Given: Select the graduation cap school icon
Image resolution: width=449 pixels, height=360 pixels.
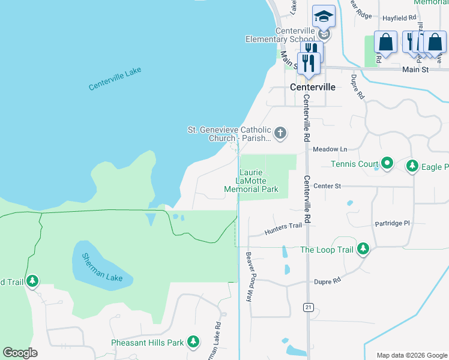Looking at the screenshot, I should pos(324,17).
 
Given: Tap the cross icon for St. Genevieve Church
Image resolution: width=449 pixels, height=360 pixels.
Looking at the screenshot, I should pos(280,133).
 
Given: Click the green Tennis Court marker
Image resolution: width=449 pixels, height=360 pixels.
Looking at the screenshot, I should pos(387,163).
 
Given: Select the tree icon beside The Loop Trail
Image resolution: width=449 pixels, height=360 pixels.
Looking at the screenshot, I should pos(363,249).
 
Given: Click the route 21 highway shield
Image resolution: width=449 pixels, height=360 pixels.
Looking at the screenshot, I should pos(308,307).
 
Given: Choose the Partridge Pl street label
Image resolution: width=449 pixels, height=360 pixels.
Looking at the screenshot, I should pos(391,223).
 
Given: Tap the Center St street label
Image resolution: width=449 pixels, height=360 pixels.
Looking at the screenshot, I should pos(327,186).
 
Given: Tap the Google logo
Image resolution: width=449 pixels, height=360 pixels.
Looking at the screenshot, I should pos(20,353).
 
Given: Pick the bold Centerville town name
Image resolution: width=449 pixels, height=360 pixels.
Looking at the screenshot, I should pos(312,87).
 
